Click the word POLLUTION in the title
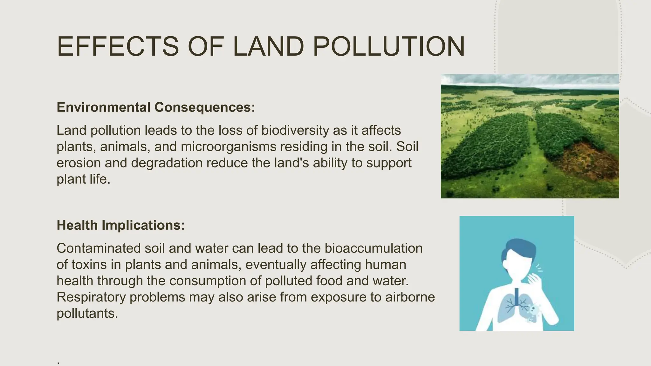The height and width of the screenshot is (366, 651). pos(388,47)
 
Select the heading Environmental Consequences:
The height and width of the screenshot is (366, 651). pos(156,107)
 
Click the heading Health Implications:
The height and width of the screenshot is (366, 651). pos(121,225)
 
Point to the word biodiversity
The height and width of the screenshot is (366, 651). pos(295,130)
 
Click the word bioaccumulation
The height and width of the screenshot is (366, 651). pos(373,248)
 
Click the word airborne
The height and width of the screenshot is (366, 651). pos(410,297)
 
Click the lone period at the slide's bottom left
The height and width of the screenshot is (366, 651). pos(58,363)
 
